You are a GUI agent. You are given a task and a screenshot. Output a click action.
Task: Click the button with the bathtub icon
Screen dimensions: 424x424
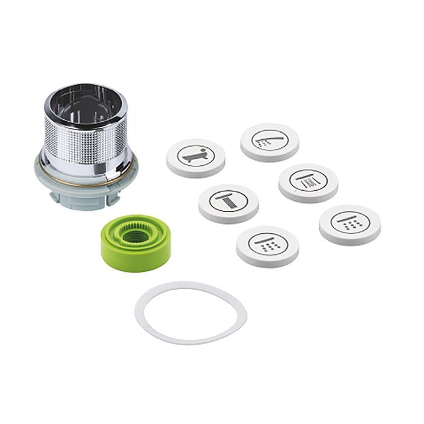pos(196,157)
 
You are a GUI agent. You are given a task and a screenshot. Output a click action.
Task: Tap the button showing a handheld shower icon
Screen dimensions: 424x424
pos(270,142)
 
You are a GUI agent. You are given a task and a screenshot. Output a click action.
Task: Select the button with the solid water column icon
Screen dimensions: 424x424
pos(228,203)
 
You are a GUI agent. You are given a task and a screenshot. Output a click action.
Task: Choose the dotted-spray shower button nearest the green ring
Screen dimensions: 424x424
pos(267,245)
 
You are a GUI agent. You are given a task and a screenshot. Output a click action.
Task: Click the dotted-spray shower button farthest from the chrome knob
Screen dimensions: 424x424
pos(349,224)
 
